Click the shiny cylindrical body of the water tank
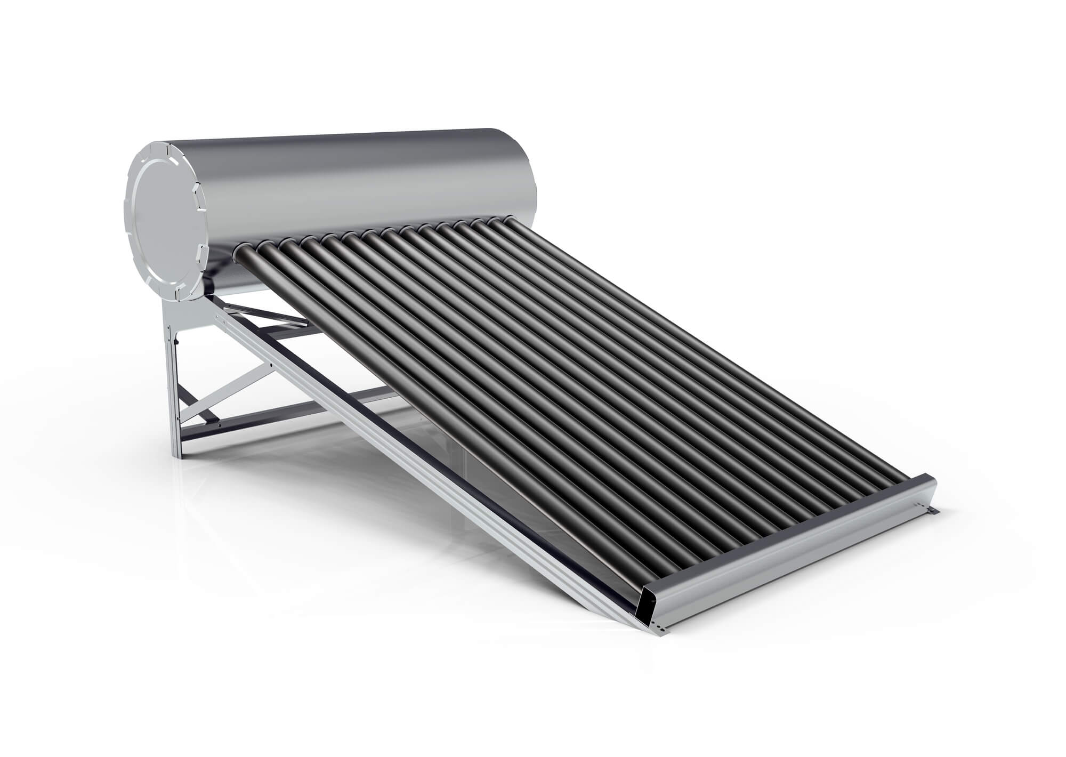click(x=341, y=176)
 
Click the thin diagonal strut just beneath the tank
click(x=266, y=315)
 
